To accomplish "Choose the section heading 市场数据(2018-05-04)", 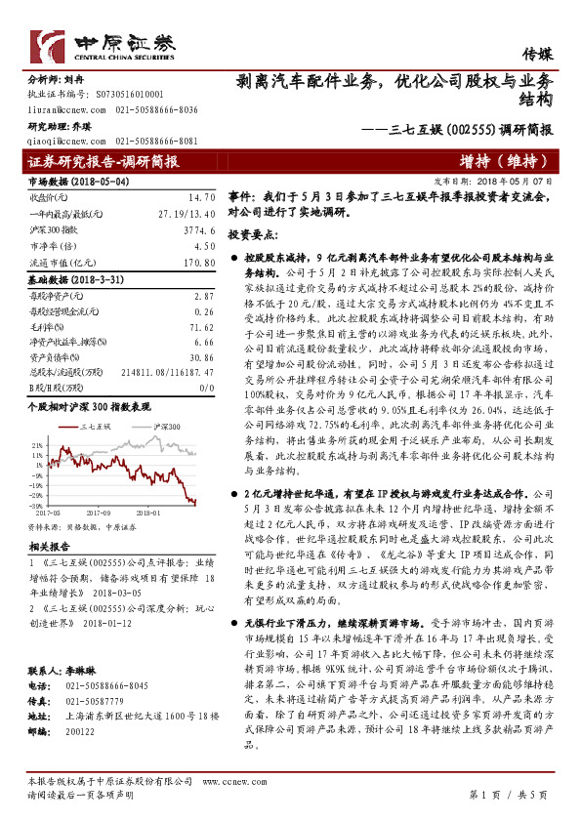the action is point(71,182).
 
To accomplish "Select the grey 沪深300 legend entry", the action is point(162,427).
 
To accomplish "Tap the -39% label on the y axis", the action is point(36,503).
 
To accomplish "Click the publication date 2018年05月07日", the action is point(517,182).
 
